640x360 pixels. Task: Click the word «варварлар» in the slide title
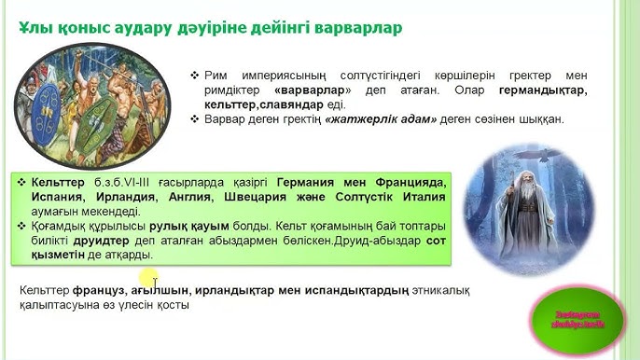click(357, 28)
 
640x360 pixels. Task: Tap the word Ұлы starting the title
click(35, 28)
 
